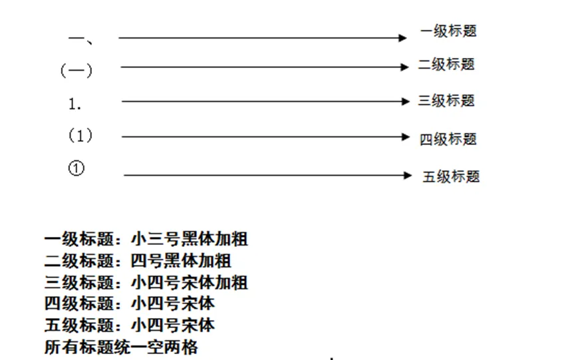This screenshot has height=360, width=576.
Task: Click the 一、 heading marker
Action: click(x=80, y=39)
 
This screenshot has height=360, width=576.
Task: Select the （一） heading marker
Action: click(x=76, y=70)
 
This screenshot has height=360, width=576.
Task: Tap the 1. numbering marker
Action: click(x=75, y=104)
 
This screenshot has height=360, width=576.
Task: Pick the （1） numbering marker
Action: click(x=80, y=136)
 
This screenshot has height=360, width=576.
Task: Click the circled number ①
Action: click(x=76, y=168)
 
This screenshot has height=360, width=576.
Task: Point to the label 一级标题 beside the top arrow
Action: click(x=448, y=31)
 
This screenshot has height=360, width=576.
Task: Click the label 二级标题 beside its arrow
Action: click(x=446, y=65)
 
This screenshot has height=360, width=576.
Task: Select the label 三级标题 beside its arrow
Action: click(x=446, y=100)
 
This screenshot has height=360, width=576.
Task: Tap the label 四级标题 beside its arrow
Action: click(x=448, y=139)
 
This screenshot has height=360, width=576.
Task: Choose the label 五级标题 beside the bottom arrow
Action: click(x=451, y=177)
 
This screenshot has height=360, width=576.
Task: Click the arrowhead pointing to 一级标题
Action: click(x=402, y=38)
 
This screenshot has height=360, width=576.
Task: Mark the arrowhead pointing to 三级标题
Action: click(x=406, y=101)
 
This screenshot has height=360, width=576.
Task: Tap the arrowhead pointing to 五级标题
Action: click(x=408, y=175)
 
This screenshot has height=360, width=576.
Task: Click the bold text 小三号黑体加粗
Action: click(x=190, y=239)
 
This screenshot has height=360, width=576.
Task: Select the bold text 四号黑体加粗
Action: click(x=181, y=261)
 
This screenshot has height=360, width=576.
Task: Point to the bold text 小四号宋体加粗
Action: click(x=190, y=283)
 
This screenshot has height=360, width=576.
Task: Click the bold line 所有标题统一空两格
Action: click(x=121, y=347)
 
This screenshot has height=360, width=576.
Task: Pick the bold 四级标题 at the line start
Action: click(x=78, y=304)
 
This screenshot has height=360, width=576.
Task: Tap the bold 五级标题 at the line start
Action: click(x=78, y=325)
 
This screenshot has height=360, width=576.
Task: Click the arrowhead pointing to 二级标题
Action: click(x=405, y=67)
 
